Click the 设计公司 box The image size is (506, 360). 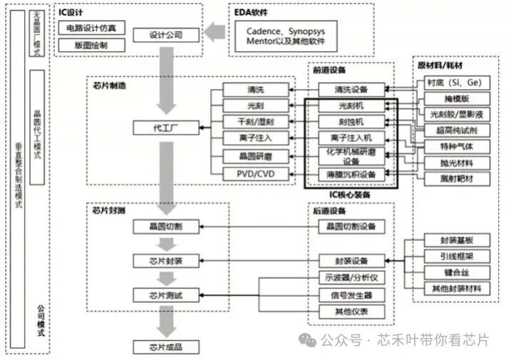pos(166,34)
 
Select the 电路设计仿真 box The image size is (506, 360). pos(91,29)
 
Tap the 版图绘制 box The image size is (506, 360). pos(91,46)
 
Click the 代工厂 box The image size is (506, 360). pos(166,128)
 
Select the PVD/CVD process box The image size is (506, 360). pos(255,174)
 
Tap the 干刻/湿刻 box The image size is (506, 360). pos(255,121)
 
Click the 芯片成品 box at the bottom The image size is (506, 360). pos(166,347)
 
